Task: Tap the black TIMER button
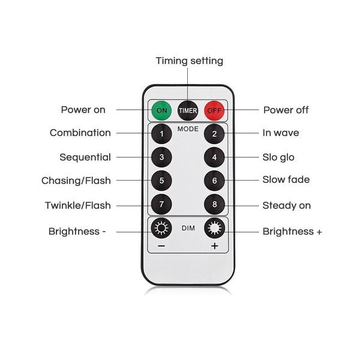pos(188,110)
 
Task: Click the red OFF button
pos(214,110)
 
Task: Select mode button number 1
pos(161,133)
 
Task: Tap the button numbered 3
pos(161,157)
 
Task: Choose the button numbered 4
pos(214,157)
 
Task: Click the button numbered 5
pos(161,180)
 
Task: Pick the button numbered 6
pos(214,180)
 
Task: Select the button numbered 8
pos(214,204)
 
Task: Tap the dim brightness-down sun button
pos(161,228)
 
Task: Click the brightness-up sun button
pos(214,228)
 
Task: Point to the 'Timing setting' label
pos(189,61)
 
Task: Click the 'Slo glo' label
pos(278,157)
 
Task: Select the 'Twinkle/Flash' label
pos(77,205)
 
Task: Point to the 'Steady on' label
pos(286,205)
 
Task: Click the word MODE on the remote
pos(188,129)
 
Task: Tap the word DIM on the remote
pos(188,227)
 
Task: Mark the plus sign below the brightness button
pos(214,247)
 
